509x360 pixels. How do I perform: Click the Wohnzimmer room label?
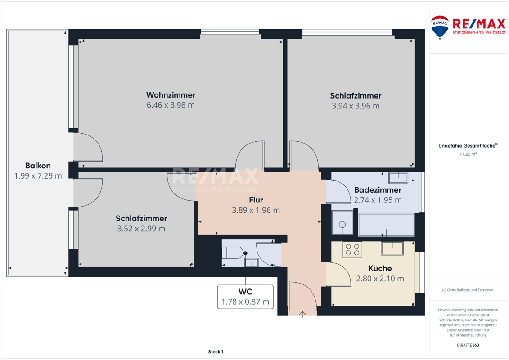[x=171, y=95]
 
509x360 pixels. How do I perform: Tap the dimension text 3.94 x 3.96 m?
[x=356, y=106]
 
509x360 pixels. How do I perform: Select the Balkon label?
[x=38, y=166]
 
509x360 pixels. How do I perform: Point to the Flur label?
[x=256, y=200]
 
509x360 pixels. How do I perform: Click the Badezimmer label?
[x=378, y=190]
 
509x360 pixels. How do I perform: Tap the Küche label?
[x=380, y=269]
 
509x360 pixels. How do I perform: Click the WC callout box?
[x=245, y=297]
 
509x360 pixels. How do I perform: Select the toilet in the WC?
[x=233, y=253]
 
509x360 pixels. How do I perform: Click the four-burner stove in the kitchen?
[x=352, y=250]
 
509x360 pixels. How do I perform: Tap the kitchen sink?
[x=392, y=248]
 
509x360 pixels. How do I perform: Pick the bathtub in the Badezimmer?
[x=386, y=225]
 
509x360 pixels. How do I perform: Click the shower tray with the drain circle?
[x=342, y=223]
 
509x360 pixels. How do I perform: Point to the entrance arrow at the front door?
[x=302, y=314]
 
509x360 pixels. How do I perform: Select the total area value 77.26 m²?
[x=468, y=154]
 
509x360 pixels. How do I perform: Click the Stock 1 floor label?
[x=216, y=351]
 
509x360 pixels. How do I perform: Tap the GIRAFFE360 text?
[x=468, y=345]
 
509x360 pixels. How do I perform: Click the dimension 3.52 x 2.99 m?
[x=141, y=229]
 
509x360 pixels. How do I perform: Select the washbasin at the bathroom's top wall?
[x=398, y=178]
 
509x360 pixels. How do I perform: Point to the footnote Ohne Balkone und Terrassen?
[x=468, y=290]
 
